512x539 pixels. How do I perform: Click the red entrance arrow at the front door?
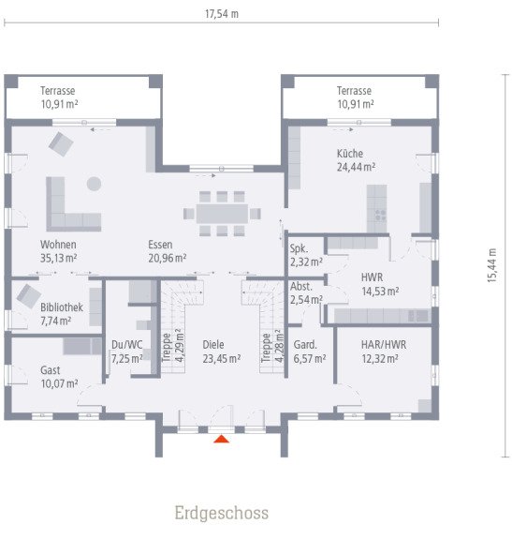221,437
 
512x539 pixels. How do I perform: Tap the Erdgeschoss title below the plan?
221,513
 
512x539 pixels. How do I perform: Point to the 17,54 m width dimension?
222,14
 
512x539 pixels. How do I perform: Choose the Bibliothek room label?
62,313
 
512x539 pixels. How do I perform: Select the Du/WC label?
125,351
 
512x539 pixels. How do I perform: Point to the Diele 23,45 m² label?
221,351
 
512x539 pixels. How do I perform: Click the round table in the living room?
94,182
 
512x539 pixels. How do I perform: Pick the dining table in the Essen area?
223,213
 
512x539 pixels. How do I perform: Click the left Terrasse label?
59,97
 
